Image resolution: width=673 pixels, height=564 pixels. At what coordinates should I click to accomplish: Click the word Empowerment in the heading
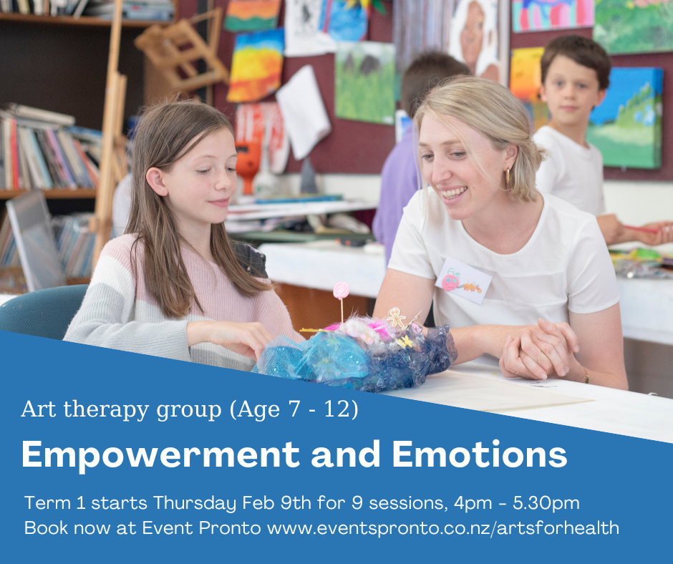click(160, 454)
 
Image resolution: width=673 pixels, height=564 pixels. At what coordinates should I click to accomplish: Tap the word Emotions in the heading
click(480, 454)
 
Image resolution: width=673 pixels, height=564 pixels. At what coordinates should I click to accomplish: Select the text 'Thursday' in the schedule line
click(195, 502)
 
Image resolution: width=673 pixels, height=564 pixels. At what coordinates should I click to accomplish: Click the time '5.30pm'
click(546, 503)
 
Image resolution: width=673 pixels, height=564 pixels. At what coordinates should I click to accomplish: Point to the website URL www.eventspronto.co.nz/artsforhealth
click(443, 528)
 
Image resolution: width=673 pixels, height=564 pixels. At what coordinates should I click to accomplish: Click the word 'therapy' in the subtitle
click(107, 410)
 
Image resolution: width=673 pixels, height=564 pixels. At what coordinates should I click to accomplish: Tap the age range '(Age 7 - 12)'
click(294, 409)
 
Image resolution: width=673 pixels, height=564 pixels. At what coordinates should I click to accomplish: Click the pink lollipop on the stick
click(342, 291)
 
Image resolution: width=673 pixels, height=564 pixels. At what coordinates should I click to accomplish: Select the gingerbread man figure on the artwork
click(396, 318)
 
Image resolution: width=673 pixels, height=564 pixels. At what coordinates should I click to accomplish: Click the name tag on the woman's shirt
click(464, 281)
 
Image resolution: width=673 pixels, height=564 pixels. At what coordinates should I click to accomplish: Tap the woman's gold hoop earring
click(508, 176)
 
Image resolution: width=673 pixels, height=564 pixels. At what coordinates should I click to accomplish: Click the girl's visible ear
click(156, 182)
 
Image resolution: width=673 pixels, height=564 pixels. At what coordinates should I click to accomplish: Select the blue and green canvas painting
click(625, 117)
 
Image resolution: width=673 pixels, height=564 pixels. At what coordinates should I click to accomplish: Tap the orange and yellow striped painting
click(256, 65)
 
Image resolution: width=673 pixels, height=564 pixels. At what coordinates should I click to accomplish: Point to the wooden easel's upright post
click(109, 129)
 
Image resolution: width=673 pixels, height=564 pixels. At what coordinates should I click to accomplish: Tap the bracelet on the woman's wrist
click(586, 376)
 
